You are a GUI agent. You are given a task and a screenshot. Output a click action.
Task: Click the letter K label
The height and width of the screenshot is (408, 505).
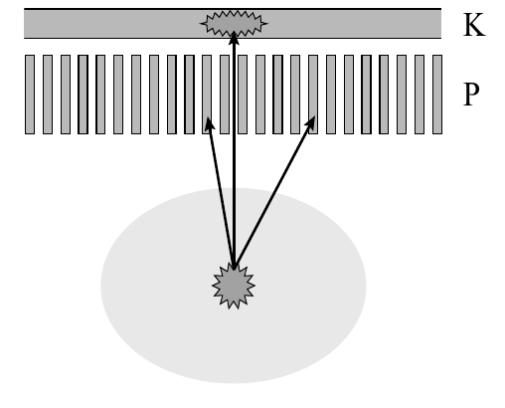474,25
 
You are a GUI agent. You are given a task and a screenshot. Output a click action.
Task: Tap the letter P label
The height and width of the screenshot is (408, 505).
471,95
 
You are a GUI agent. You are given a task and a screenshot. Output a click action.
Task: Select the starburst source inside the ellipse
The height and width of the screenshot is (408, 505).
234,286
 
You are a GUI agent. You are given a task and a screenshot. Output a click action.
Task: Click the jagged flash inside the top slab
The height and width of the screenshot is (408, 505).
234,23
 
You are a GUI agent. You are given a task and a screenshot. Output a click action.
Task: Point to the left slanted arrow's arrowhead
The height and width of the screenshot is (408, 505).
210,123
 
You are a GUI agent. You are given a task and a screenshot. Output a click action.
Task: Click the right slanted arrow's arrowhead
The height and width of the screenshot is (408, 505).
310,122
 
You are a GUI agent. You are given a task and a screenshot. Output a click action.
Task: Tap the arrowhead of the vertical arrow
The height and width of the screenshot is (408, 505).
235,38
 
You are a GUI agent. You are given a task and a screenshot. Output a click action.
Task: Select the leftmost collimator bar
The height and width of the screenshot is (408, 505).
30,95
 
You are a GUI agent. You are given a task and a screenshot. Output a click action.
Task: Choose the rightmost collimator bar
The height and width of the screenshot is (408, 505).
437,95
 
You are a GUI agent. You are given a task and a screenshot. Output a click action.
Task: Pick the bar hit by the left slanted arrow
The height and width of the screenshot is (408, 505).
207,95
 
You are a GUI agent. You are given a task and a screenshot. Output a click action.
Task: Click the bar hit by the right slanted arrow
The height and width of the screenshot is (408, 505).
313,95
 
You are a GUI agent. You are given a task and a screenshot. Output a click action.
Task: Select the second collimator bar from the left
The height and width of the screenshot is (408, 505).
48,95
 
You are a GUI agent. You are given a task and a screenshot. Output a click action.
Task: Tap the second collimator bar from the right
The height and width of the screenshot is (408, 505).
420,95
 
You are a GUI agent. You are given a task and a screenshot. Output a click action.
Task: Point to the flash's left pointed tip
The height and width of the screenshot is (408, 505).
200,23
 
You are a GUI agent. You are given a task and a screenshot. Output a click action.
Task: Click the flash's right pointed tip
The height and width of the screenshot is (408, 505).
267,23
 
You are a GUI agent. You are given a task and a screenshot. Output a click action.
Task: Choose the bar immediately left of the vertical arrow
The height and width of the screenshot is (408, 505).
225,95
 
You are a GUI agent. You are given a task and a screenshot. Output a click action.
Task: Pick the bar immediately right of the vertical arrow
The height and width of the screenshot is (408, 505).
243,95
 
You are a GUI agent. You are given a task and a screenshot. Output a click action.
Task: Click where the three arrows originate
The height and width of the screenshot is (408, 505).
235,268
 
